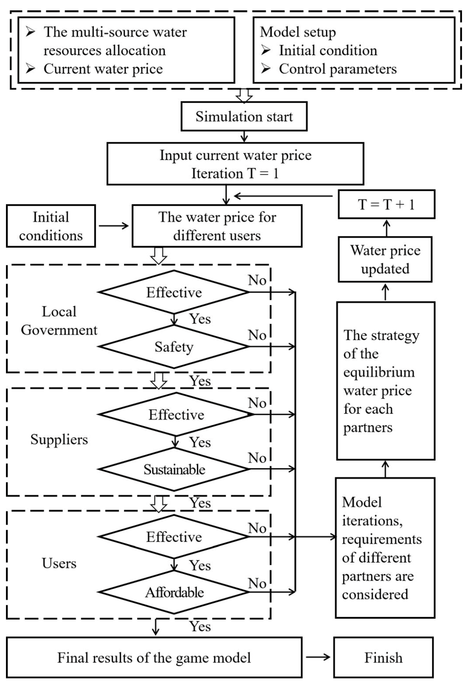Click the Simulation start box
click(244, 117)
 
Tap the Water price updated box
click(385, 259)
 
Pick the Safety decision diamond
click(174, 346)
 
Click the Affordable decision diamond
click(174, 592)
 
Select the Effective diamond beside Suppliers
click(176, 414)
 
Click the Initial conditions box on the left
click(51, 226)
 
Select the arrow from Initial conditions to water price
click(114, 226)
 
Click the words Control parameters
click(338, 69)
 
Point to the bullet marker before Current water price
click(30, 69)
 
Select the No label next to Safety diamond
click(257, 335)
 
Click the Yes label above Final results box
click(200, 626)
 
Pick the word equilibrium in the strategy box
click(379, 372)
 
